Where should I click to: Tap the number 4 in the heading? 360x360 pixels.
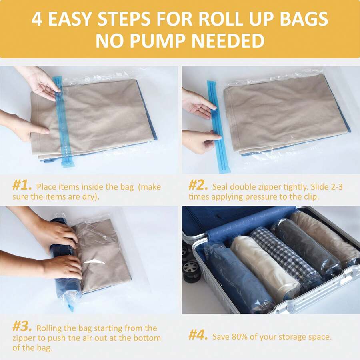pos(37,19)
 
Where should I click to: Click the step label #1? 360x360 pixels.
pos(22,186)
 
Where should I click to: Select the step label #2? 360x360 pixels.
pos(198,186)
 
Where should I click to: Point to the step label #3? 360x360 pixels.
pos(22,327)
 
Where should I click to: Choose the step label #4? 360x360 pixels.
pos(198,335)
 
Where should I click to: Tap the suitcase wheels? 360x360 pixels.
pos(191,264)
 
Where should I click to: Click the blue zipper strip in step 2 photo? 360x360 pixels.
pos(218,124)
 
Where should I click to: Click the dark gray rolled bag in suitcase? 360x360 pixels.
pos(306,246)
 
